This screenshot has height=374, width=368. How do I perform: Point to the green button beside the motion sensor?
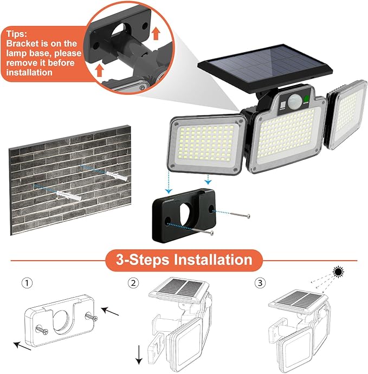pos(306,99)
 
